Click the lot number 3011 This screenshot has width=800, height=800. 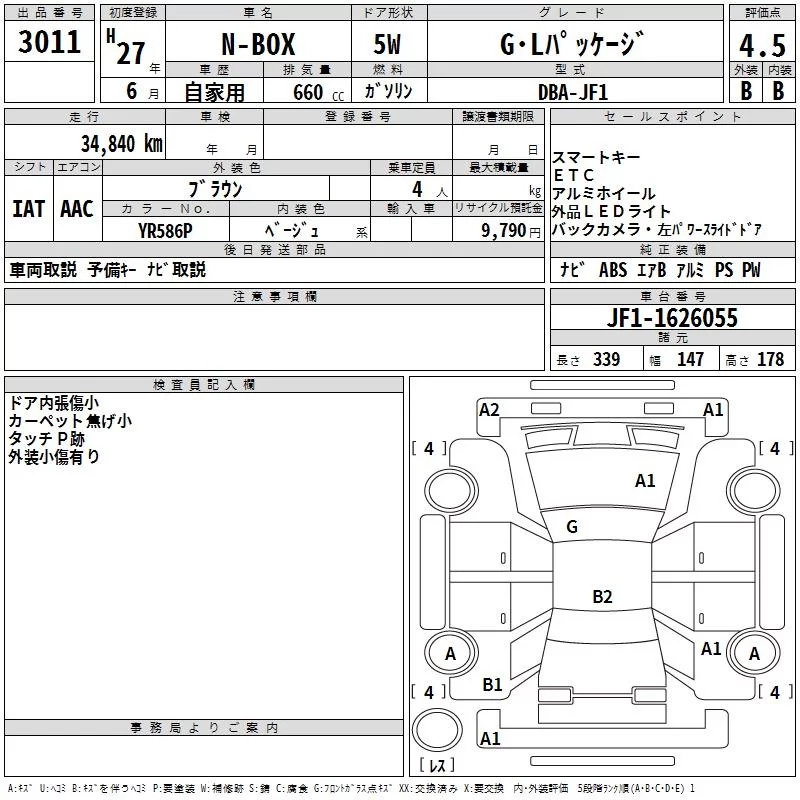49,42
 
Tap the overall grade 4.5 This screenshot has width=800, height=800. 761,46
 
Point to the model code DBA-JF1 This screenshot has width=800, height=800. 572,91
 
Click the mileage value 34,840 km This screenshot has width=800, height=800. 121,142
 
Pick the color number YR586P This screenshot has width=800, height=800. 166,230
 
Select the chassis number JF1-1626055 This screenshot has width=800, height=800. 671,318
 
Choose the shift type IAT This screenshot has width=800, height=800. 28,208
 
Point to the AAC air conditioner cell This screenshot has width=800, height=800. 76,208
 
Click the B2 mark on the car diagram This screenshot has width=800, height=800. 601,597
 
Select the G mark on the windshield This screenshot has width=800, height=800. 571,527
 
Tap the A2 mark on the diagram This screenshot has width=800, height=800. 489,409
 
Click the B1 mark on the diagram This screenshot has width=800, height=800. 492,684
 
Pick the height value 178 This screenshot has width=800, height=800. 770,359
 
